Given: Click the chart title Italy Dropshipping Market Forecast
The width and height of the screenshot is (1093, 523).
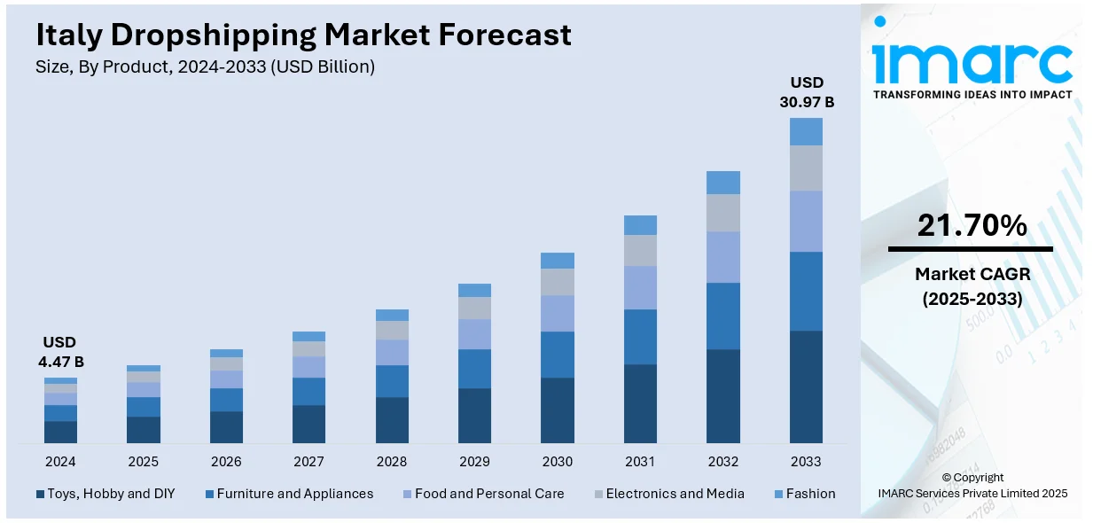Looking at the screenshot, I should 303,35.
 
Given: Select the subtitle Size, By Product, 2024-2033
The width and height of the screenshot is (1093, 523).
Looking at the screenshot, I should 205,66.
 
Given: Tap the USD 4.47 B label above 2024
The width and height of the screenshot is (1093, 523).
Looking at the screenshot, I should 60,352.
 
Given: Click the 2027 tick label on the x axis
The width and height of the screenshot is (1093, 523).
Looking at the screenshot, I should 308,462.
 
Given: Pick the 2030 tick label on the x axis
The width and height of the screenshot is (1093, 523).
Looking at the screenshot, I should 558,462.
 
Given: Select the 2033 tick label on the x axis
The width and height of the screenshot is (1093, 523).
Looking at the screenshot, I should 806,462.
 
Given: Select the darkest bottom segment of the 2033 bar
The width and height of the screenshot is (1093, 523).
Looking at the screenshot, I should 806,386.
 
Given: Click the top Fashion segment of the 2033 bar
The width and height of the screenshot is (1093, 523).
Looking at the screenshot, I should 806,131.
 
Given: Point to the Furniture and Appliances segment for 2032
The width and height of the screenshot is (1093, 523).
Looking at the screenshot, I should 723,316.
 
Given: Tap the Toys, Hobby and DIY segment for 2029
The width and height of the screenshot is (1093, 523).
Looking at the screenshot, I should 474,415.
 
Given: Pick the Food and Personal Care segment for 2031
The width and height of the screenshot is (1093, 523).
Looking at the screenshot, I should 640,287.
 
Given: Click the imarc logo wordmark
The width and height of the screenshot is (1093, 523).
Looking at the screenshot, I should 972,60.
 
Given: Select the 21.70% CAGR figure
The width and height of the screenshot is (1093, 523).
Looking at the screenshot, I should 972,226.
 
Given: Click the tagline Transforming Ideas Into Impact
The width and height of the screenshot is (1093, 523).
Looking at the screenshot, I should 972,94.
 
